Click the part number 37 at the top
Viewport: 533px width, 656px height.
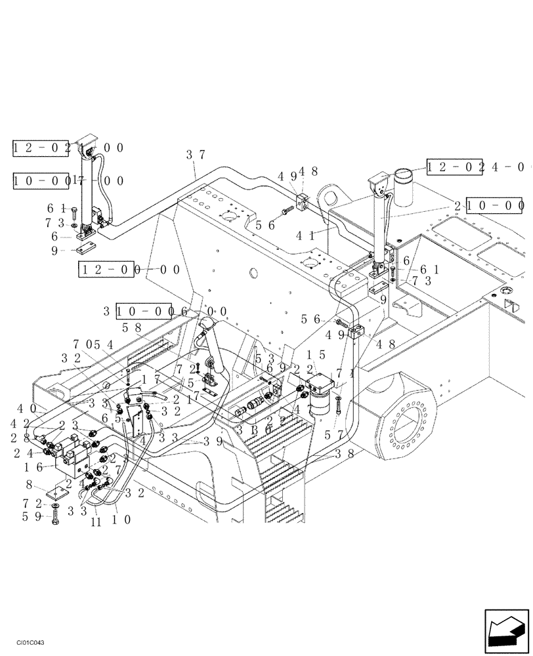196,155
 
